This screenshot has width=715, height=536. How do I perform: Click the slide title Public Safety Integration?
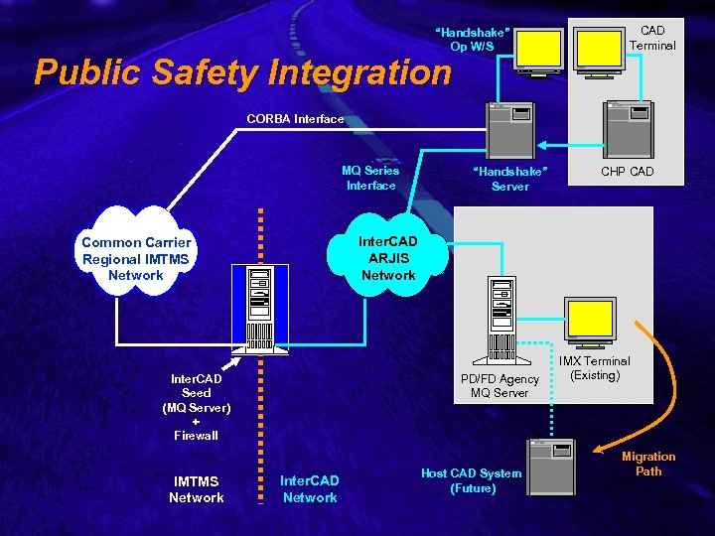242,72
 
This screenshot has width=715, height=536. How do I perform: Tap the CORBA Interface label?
295,119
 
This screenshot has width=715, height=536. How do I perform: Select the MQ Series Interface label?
370,178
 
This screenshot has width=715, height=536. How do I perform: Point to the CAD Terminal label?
652,38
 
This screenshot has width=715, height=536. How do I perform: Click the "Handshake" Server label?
510,179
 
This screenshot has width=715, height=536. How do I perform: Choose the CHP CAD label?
628,172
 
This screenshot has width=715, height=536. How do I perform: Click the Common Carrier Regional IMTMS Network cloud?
136,258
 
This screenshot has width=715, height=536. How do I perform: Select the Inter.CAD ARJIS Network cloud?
388,258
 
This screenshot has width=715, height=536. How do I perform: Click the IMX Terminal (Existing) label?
594,368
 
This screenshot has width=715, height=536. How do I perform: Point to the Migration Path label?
648,464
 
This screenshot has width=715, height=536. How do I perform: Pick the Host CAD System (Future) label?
472,480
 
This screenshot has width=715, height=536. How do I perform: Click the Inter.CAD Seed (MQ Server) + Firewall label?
197,407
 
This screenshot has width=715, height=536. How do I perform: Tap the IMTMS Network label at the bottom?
197,489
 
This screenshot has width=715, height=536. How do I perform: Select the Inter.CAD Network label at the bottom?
310,488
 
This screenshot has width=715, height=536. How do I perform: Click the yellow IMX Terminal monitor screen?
589,318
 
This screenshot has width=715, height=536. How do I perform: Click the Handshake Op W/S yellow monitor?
542,47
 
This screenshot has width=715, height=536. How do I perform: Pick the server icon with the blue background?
260,309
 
